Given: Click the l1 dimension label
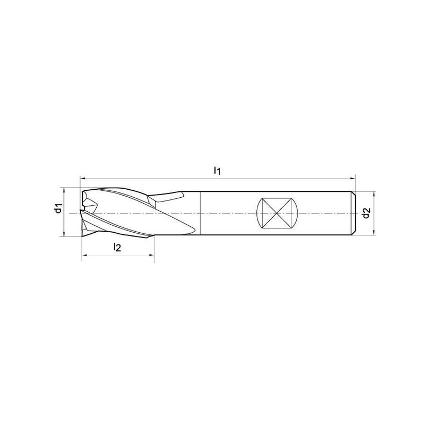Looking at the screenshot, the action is [x=217, y=171].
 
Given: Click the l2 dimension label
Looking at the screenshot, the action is [x=117, y=248].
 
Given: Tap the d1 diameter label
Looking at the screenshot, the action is [x=58, y=209].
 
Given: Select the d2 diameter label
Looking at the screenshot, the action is [x=366, y=213].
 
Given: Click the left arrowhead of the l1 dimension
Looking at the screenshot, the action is [x=82, y=178].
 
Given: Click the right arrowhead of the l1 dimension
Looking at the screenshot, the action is [x=353, y=178].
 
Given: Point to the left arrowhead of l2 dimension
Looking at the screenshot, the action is [x=84, y=255].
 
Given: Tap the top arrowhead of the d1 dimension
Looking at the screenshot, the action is [x=63, y=190].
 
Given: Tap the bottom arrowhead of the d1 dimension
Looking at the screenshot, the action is [x=63, y=234].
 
